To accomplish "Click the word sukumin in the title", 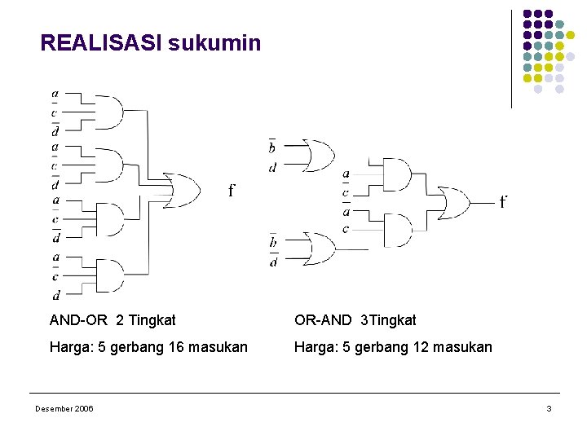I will pos(215,42).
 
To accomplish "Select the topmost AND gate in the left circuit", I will pos(109,111).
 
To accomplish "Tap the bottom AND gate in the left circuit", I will pos(109,275).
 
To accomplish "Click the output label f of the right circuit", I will pos(503,200).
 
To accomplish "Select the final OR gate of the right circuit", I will pos(453,201).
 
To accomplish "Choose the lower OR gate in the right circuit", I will pos(317,248).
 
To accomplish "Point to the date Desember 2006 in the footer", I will pos(64,408).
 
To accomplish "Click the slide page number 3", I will pos(549,408).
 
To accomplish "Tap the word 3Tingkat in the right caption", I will pos(389,320).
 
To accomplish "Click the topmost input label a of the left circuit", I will pos(55,94).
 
